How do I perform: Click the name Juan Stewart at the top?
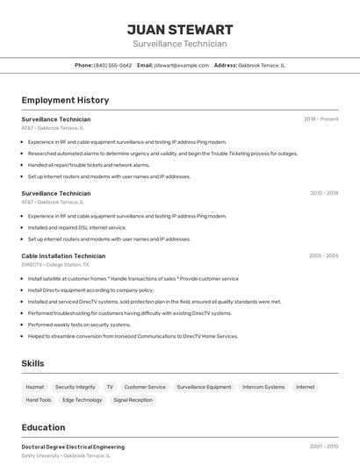(x=179, y=29)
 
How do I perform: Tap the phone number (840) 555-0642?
(x=112, y=65)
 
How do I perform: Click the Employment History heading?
(x=65, y=100)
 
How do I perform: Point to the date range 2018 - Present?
(x=320, y=118)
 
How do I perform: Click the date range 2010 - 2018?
(x=323, y=193)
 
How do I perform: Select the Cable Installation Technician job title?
(x=63, y=256)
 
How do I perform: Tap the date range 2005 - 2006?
(x=323, y=256)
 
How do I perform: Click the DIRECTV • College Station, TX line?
(x=55, y=264)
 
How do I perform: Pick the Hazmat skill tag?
(x=35, y=387)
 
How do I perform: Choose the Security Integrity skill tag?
(x=75, y=387)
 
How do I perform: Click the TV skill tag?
(x=110, y=387)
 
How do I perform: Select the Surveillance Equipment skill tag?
(x=204, y=387)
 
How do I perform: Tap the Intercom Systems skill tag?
(x=263, y=387)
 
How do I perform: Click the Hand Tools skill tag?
(x=39, y=400)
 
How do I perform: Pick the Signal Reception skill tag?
(x=133, y=400)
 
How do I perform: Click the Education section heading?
(x=44, y=427)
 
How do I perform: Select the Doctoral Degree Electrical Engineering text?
(x=73, y=447)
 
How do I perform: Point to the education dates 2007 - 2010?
(x=323, y=447)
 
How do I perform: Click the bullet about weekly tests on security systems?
(x=80, y=325)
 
